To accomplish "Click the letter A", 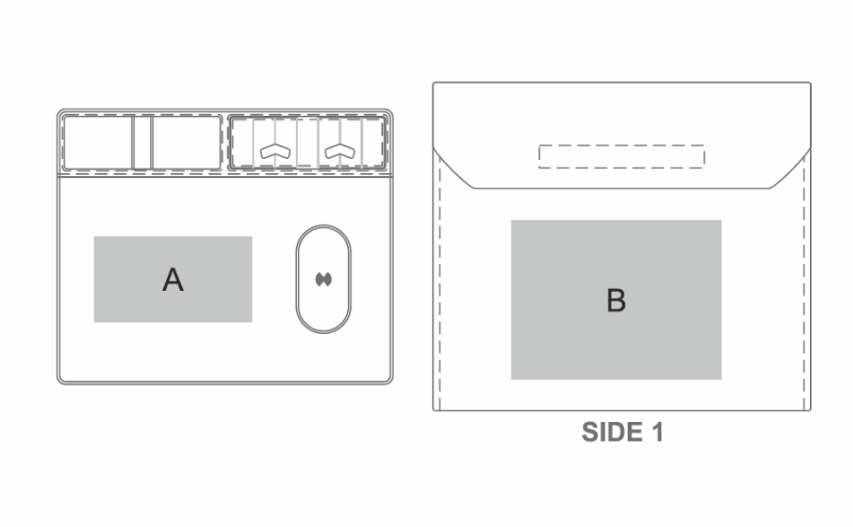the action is (173, 280).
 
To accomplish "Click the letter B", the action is (616, 300).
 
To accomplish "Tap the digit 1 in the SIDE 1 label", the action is (657, 432).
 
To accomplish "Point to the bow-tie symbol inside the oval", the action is (324, 279).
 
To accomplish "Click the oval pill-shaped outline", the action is (297, 279).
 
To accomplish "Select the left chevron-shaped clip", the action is (275, 151).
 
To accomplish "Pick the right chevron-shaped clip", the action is (340, 151).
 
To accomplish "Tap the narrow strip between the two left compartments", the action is (143, 142).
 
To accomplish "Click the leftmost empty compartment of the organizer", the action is (98, 142).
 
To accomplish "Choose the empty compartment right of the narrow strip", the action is (187, 142).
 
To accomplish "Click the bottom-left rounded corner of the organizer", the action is (61, 380).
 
